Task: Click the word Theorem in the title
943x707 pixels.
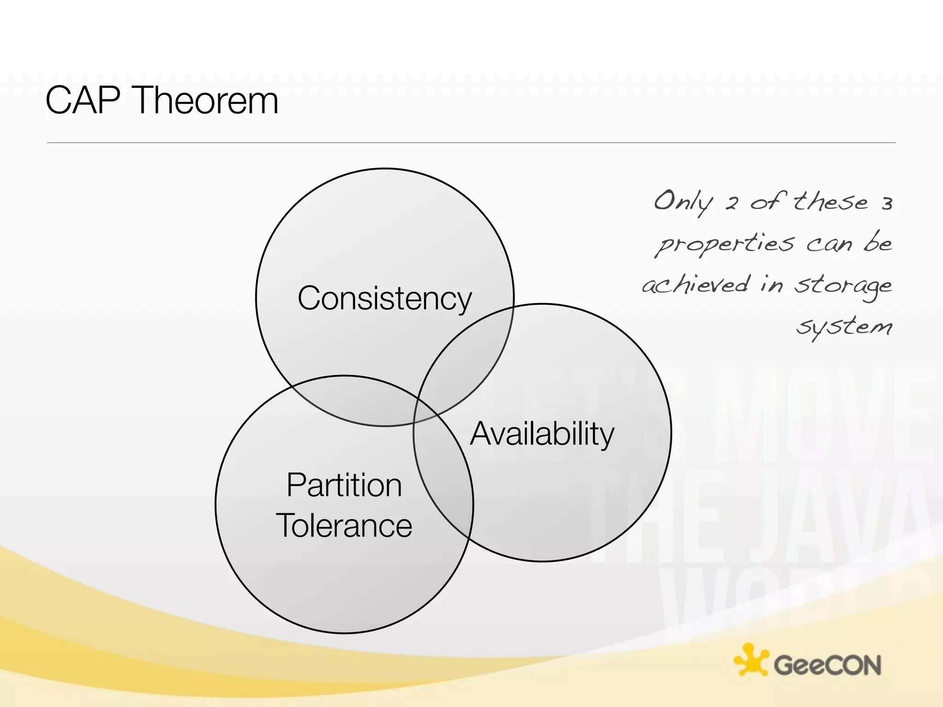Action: [x=207, y=100]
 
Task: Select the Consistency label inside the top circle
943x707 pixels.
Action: [x=384, y=298]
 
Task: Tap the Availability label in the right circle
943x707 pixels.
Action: [x=542, y=434]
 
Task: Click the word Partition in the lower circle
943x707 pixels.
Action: [x=344, y=485]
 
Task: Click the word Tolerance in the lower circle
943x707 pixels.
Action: [x=344, y=526]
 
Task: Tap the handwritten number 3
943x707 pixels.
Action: [x=887, y=204]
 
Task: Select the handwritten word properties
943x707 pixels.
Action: [x=725, y=244]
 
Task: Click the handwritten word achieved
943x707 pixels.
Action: [x=695, y=285]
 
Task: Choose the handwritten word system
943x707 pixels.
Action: [x=844, y=327]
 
